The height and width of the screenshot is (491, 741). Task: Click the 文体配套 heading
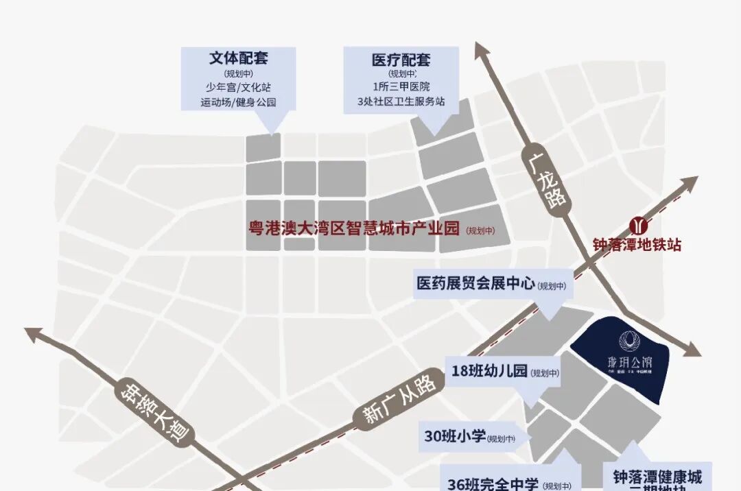point(238,58)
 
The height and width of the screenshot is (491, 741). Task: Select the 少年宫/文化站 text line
point(238,88)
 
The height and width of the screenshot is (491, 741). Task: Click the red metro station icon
point(639,225)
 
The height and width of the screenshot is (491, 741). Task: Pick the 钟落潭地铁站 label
point(638,245)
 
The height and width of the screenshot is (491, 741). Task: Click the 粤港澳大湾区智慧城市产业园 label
point(354,229)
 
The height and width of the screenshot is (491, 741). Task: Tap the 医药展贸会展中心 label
point(475,283)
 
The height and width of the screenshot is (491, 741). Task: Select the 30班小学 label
point(455,437)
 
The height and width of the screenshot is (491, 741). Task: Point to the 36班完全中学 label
point(493,483)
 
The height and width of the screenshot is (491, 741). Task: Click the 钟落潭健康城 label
point(658,477)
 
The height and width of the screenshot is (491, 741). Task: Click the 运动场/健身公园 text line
point(238,102)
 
